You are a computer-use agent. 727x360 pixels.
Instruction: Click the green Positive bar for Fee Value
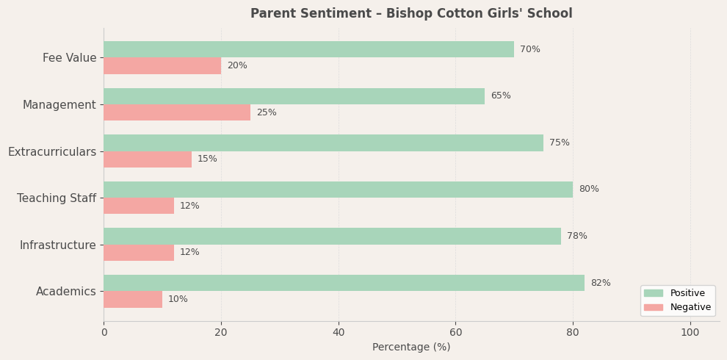pos(308,49)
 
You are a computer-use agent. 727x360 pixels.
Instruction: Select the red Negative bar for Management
pos(177,112)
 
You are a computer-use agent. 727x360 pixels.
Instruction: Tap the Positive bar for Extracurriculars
pos(323,143)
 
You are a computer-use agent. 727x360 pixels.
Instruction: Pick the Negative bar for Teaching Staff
pos(139,206)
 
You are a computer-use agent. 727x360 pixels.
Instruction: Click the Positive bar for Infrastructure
pos(332,236)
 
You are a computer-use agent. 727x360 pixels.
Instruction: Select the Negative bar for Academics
pos(133,299)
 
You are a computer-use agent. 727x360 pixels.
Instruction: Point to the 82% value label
pos(600,283)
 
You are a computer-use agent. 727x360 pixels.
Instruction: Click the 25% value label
pos(267,112)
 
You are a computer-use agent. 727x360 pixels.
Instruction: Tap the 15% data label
pos(207,159)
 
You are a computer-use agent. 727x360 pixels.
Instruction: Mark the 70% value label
pos(529,49)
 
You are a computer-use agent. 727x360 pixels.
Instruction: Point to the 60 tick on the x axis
pos(455,332)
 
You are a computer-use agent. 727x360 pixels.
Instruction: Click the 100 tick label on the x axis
pos(690,332)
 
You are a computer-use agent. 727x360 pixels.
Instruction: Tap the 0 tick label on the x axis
pos(104,332)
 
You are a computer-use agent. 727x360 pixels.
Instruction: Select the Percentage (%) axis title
pos(411,347)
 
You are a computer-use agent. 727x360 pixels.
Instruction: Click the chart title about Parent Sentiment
pos(411,13)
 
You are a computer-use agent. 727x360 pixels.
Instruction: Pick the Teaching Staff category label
pos(57,198)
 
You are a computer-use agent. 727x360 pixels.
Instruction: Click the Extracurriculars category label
pos(52,151)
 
